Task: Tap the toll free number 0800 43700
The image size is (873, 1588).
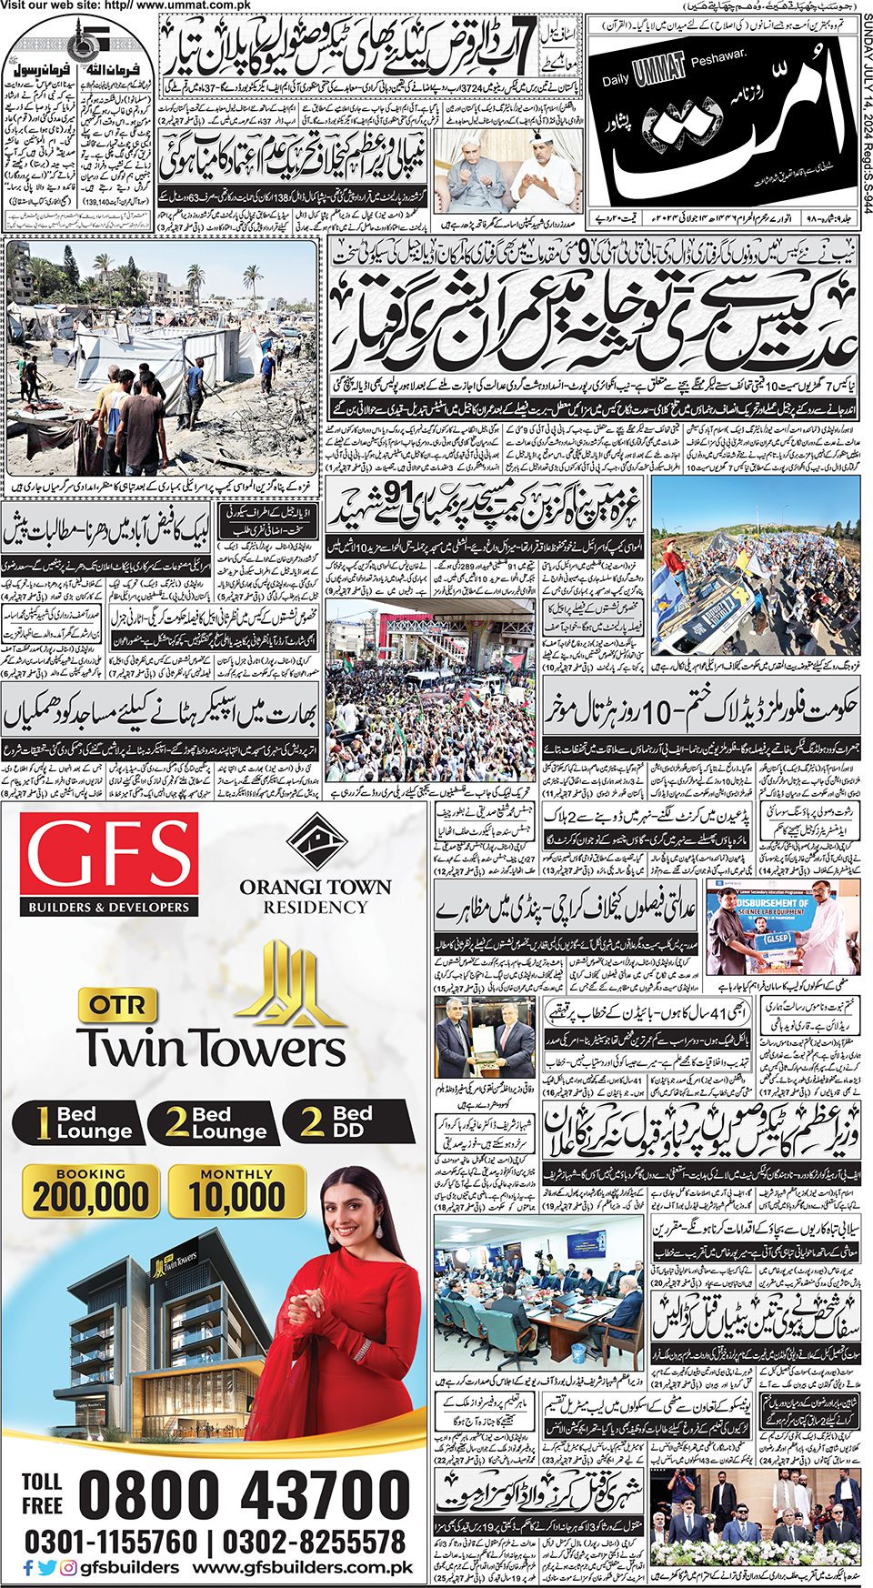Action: [244, 1494]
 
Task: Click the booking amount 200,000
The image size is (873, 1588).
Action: [91, 1196]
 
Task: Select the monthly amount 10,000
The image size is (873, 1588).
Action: [236, 1196]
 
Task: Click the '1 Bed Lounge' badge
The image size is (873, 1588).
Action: [78, 1122]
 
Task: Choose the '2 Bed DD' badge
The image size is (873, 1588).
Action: [338, 1121]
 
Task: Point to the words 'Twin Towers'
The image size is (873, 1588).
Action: [211, 1047]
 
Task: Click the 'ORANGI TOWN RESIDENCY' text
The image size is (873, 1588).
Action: [315, 896]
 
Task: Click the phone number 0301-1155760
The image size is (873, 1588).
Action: [111, 1541]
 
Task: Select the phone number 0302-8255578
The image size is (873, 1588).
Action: [314, 1541]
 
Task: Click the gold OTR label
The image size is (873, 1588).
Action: [117, 1004]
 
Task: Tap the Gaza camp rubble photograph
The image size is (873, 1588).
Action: [162, 357]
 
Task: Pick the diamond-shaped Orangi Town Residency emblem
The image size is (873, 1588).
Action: [315, 842]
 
